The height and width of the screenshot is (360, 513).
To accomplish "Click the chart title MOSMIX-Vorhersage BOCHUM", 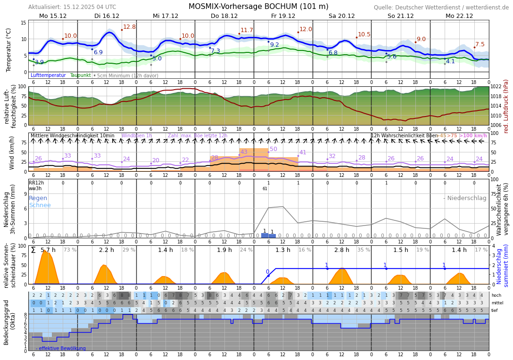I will point(258,7).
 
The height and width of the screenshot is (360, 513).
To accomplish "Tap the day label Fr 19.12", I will point(283,16).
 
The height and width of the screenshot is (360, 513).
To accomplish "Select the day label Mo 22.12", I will point(459,16).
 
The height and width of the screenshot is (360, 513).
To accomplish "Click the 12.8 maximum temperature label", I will point(129,27).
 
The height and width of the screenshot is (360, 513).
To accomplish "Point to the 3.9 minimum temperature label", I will point(39,62).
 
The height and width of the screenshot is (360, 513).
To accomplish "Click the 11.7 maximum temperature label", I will point(247,30).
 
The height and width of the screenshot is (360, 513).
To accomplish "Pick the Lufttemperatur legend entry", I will point(48,75).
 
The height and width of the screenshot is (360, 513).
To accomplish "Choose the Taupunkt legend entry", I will point(80,75).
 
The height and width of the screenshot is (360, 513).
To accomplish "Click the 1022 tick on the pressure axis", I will point(496,87).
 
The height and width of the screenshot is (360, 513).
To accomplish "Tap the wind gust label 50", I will point(273,149).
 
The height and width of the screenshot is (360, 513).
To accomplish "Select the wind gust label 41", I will point(303,152).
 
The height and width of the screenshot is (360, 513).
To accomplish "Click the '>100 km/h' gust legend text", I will point(473,136).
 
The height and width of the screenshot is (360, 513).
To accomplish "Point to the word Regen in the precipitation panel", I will point(38,198).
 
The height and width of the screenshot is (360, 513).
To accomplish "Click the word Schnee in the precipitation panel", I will point(40,205).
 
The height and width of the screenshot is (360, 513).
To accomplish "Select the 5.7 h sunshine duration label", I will point(48,250).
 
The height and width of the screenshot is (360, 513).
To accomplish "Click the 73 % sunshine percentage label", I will point(70,250).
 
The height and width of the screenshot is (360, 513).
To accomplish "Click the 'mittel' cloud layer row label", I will point(497,303).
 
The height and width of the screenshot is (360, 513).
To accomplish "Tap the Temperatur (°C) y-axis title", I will point(8,50).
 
